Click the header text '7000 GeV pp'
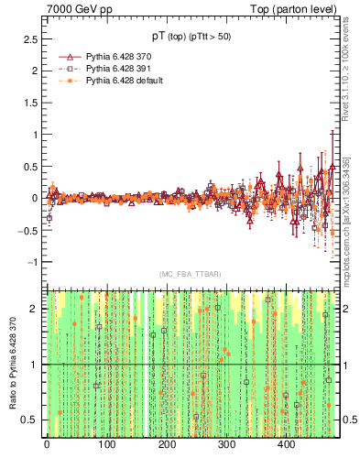tap(73, 9)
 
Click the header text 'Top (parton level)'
tap(299, 9)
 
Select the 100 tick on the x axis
tap(106, 444)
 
